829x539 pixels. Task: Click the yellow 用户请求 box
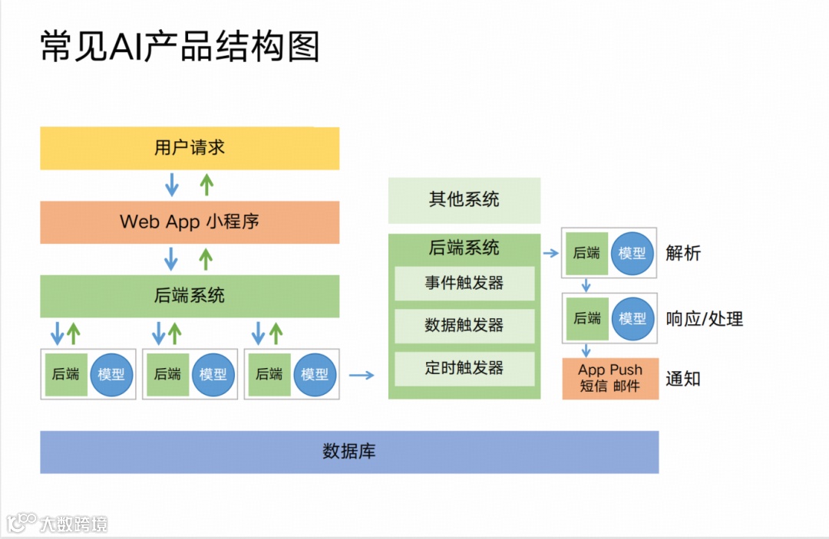coord(190,148)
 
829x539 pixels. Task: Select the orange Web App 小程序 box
coord(190,222)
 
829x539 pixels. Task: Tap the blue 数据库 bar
coord(349,452)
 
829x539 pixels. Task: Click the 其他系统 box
coord(464,200)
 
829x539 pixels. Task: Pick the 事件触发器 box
coord(464,284)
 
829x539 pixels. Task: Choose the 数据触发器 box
coord(464,326)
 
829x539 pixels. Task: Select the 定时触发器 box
coord(464,368)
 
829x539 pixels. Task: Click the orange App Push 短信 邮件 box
coord(610,378)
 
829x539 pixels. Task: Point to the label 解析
coord(683,253)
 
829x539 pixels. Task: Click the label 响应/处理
coord(705,319)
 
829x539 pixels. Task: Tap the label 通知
coord(683,379)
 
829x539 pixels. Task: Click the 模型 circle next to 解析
coord(632,252)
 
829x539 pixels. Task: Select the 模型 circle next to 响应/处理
coord(632,318)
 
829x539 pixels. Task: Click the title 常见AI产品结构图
coord(180,46)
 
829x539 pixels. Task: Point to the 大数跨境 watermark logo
coord(58,524)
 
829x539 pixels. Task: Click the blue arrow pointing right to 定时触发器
coord(362,375)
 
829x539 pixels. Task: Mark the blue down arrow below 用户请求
coord(172,184)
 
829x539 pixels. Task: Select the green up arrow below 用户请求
coord(206,184)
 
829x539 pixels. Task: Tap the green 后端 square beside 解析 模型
coord(586,252)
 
